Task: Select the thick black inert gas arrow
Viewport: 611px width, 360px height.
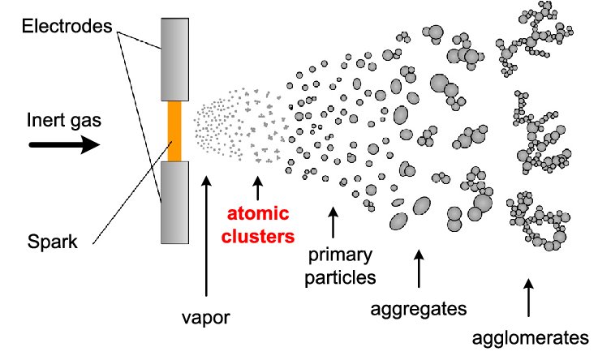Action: coord(64,146)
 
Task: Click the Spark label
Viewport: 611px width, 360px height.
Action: coord(55,242)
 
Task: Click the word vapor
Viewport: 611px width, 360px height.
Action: coord(206,317)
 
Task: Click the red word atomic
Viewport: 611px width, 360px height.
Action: coord(256,216)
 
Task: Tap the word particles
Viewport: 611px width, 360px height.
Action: coord(341,277)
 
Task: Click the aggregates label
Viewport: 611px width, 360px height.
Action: coord(418,308)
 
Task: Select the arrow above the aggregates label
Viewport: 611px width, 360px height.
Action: coord(419,268)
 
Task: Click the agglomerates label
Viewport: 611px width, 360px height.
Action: coord(531,337)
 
